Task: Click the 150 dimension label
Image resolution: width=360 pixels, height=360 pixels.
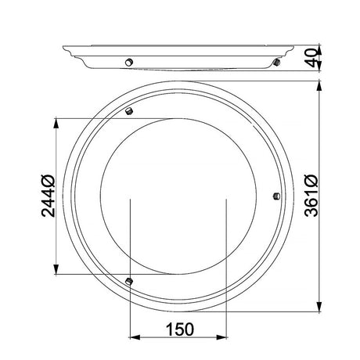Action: coord(180,329)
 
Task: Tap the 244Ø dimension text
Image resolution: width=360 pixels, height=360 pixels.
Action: coord(49,196)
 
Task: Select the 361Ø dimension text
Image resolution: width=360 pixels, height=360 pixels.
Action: coord(311,196)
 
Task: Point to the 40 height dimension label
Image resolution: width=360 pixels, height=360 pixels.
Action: coord(312,58)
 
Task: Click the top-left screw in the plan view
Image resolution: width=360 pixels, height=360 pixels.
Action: coord(129,111)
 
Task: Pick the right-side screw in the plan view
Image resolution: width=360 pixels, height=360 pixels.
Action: coord(276,196)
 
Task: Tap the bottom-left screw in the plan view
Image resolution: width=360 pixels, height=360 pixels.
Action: coord(129,281)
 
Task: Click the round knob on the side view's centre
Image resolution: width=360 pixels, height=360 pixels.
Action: coord(129,63)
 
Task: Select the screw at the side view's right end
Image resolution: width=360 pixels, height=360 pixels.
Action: coord(276,63)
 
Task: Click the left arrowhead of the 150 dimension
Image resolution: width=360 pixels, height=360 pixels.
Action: coord(135,337)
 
